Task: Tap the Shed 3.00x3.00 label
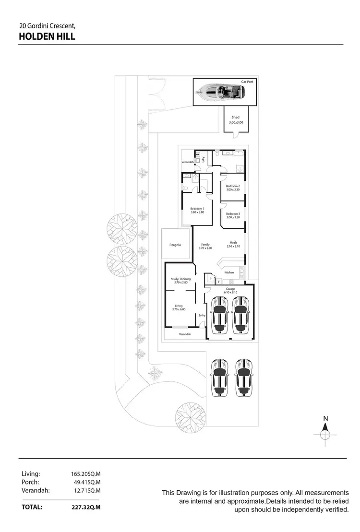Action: [236, 120]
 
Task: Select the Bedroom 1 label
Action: [197, 210]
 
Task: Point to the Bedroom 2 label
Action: [233, 188]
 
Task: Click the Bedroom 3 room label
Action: [233, 215]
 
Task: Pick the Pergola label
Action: [175, 245]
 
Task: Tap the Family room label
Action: [205, 246]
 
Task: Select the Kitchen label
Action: [229, 272]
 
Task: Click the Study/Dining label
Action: [180, 281]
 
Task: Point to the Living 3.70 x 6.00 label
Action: [179, 307]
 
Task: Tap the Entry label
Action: [202, 315]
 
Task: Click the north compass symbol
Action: [325, 432]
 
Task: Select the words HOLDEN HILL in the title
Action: [47, 36]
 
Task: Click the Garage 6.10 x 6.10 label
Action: [230, 291]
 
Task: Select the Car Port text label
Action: [247, 82]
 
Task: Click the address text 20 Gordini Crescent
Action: [47, 25]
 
